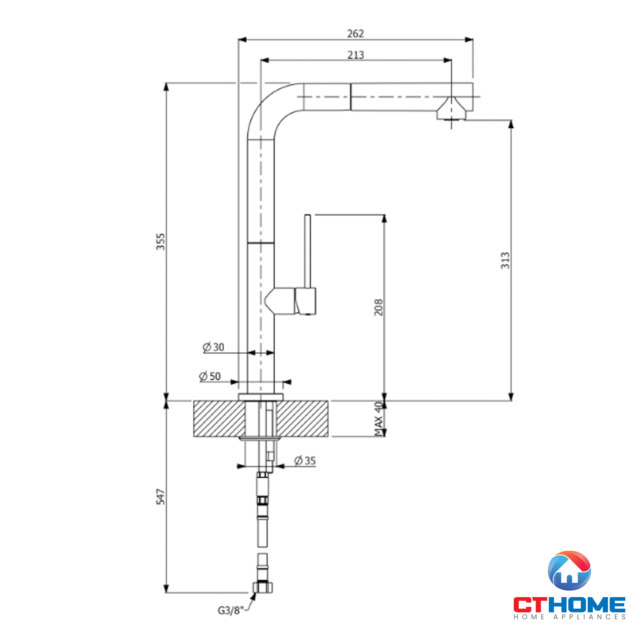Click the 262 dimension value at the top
(x=355, y=34)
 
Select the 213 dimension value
(x=356, y=55)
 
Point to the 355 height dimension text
(x=160, y=242)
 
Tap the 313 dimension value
(x=505, y=261)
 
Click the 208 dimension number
(x=378, y=307)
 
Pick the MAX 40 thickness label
(x=378, y=419)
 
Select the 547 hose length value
(x=160, y=497)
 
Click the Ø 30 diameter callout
(x=213, y=347)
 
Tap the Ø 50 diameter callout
(x=210, y=376)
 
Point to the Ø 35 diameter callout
(x=304, y=461)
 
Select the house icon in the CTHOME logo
(x=569, y=570)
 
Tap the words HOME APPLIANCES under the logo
(x=569, y=617)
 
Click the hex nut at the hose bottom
(x=263, y=587)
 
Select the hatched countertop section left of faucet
(x=219, y=418)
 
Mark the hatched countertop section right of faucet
(x=302, y=418)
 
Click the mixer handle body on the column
(x=305, y=301)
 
